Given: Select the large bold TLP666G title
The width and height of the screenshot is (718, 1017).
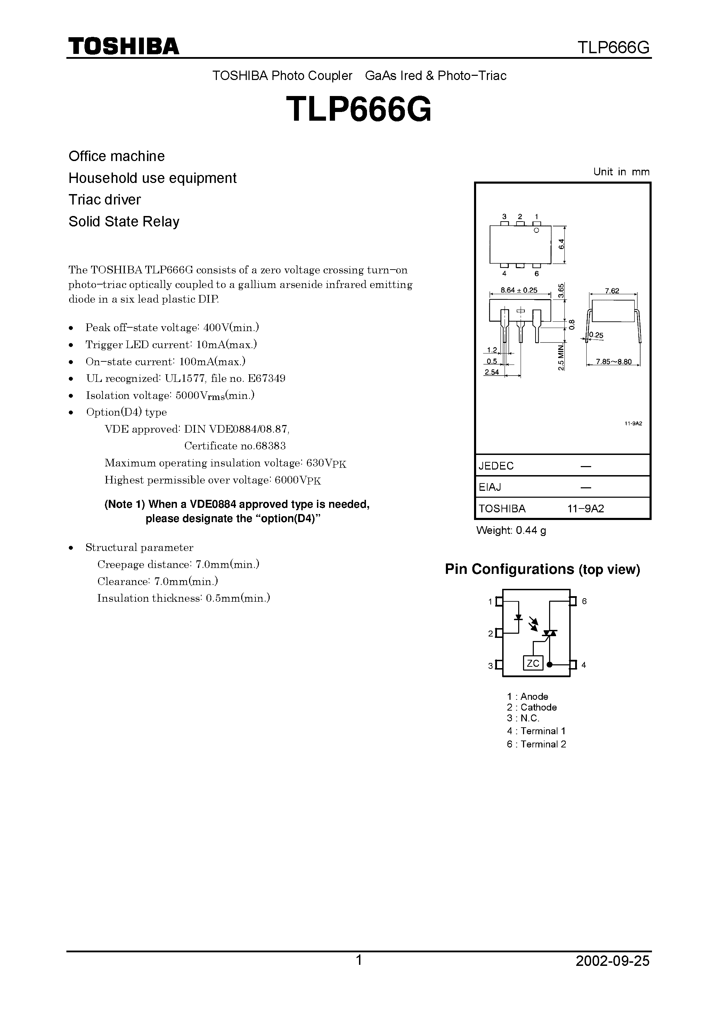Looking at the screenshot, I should pos(359,110).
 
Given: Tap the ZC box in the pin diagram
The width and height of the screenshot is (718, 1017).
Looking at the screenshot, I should pos(533,663).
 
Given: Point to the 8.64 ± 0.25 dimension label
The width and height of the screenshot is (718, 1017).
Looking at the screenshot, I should pos(519,290).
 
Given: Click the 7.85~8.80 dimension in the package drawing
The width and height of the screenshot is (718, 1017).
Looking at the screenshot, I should pos(613,361).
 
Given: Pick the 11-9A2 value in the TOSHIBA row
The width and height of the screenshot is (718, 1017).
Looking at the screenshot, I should pos(586,508).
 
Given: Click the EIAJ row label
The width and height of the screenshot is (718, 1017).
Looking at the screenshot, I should pos(490,487).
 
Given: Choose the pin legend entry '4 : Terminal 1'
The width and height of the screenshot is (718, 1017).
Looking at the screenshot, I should pos(536,731).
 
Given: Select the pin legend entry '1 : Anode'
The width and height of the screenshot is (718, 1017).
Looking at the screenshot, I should pos(528,696).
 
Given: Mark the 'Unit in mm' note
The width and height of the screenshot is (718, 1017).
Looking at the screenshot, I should pos(621,172).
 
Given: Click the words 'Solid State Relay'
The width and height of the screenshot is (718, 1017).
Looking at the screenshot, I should pos(124,222).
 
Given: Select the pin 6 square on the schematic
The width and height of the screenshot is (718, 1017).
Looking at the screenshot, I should pos(573,601).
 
